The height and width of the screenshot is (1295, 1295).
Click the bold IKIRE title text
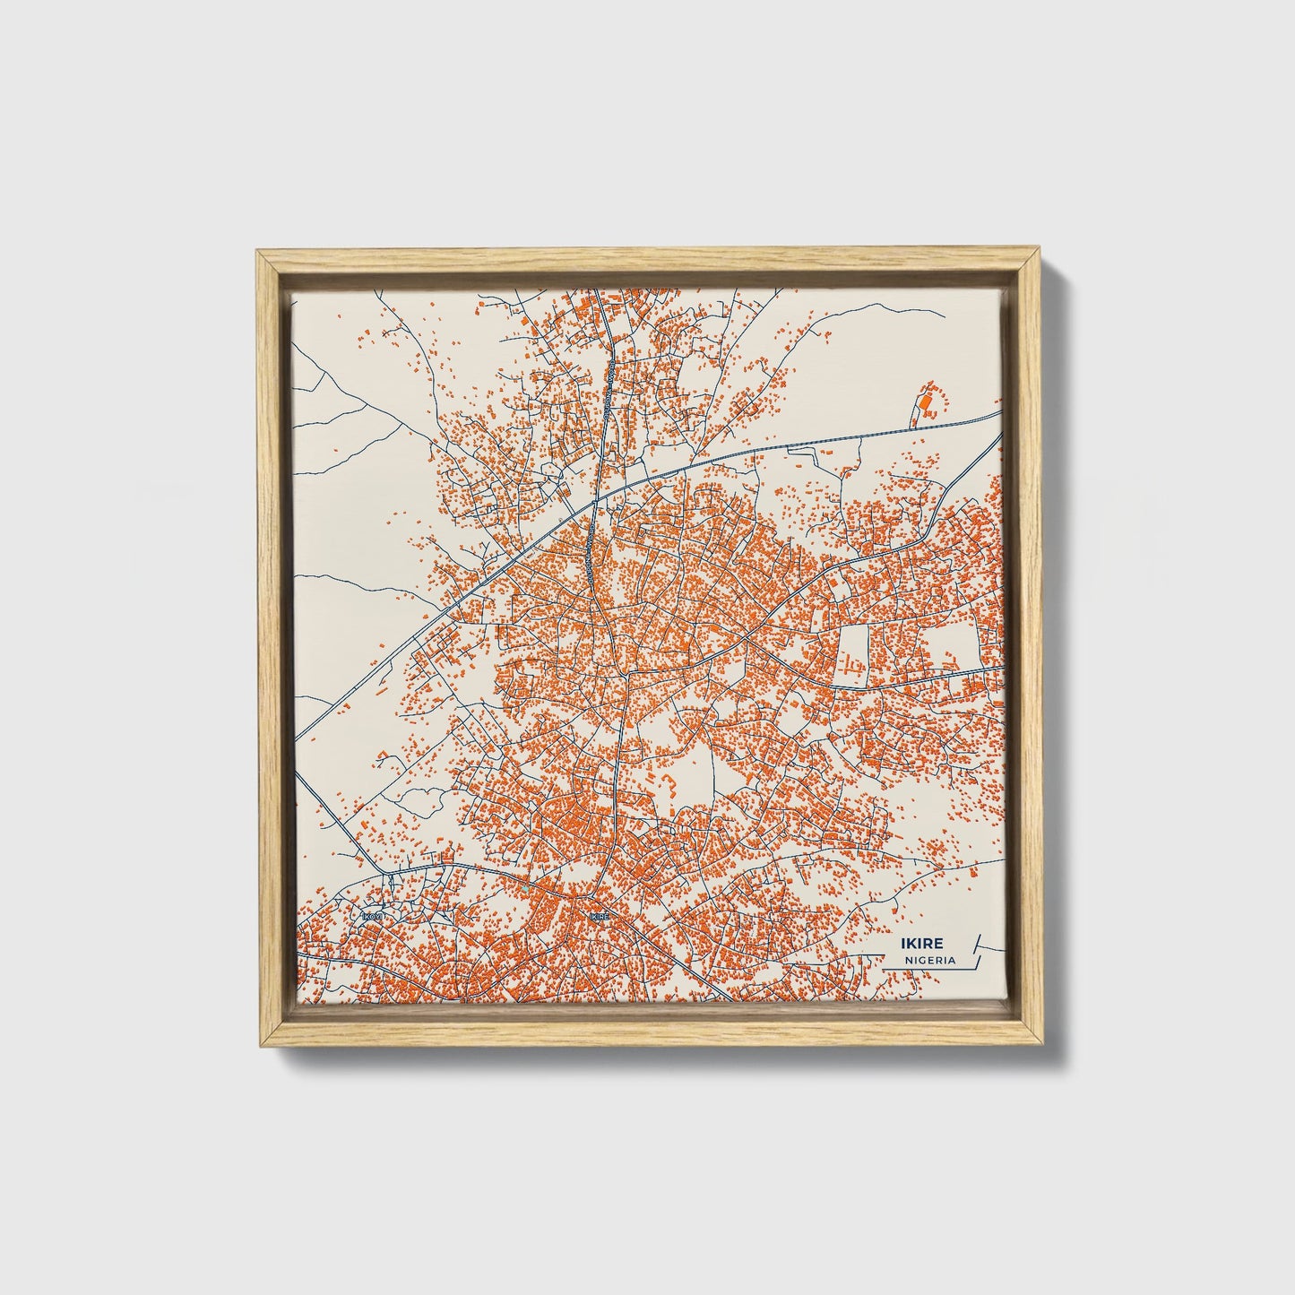tap(924, 943)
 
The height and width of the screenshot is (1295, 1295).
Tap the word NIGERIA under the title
tap(929, 960)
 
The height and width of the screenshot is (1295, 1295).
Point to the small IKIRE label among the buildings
tap(600, 916)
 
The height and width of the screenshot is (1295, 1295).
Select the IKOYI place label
tap(373, 917)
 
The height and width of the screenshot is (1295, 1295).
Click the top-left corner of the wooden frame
tap(256, 255)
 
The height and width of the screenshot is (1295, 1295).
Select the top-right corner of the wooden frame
tap(1039, 255)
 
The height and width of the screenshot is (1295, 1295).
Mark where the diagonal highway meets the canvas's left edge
tap(296, 740)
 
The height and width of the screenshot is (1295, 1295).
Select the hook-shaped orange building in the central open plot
tap(669, 789)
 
